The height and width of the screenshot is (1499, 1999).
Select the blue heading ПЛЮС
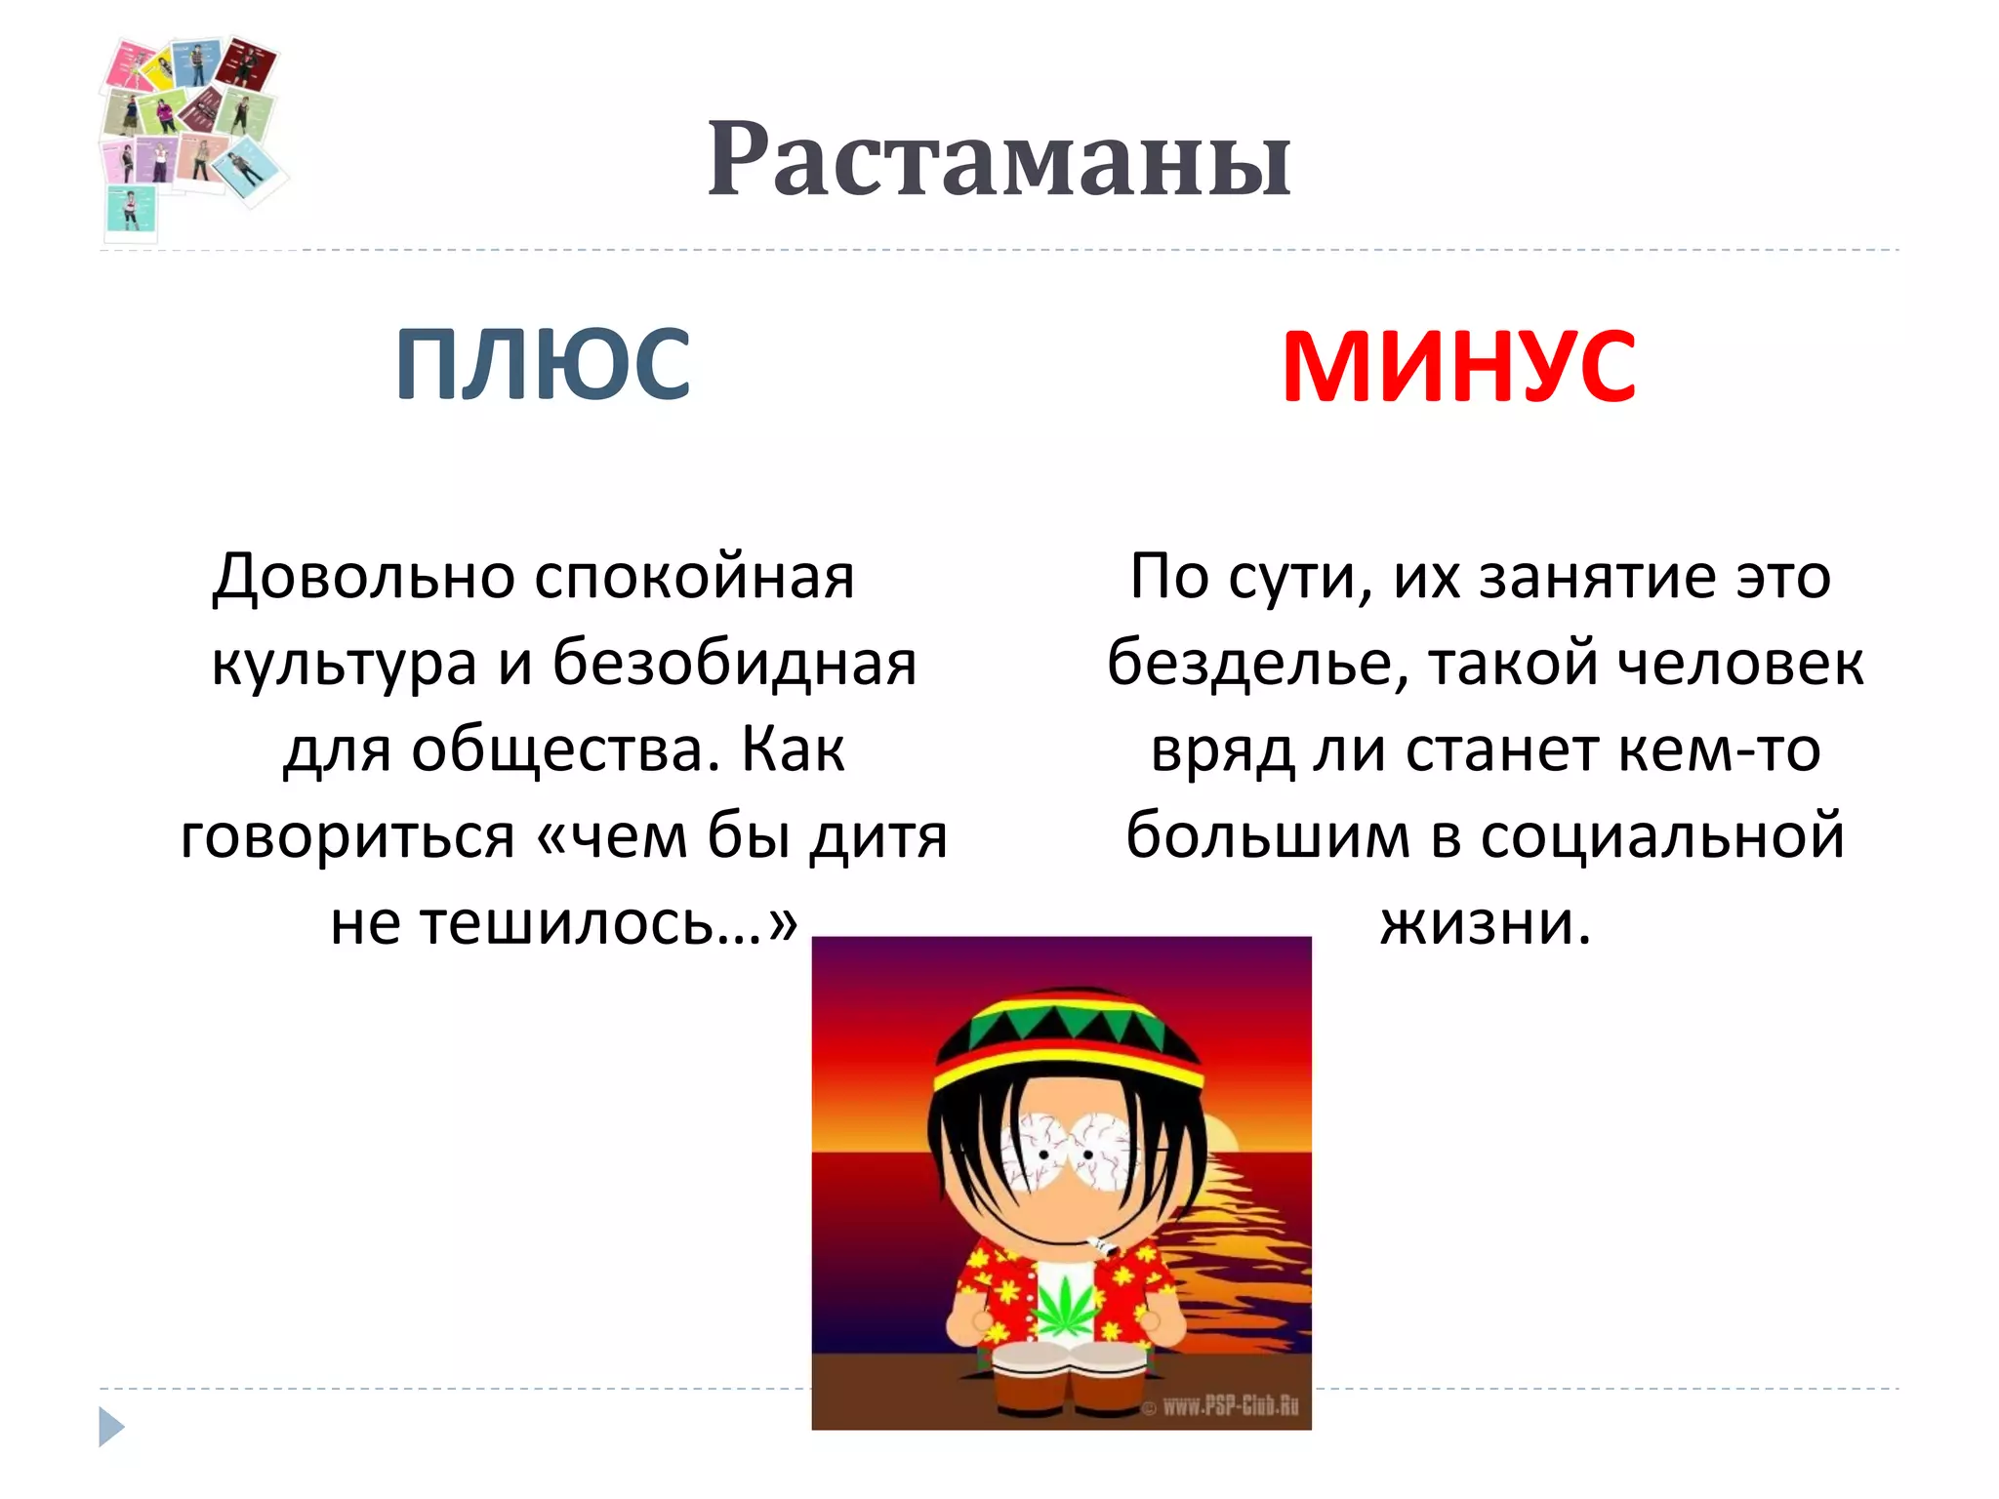click(x=543, y=365)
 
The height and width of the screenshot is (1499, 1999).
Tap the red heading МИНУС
click(x=1458, y=367)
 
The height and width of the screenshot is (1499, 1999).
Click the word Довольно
click(x=364, y=577)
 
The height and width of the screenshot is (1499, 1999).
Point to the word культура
click(x=344, y=664)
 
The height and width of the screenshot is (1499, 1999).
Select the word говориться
click(x=347, y=837)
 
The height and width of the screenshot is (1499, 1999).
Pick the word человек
click(x=1740, y=664)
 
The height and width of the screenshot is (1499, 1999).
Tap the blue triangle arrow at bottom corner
click(x=111, y=1427)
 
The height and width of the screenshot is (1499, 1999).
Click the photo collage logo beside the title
click(x=190, y=132)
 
